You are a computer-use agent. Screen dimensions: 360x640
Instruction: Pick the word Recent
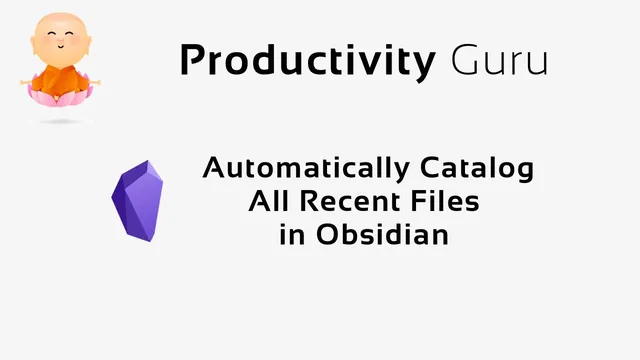coord(348,202)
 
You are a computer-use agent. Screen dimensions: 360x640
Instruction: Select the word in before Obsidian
coord(291,236)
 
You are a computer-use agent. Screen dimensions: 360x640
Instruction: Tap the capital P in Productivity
coord(191,61)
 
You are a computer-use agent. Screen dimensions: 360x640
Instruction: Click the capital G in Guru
coord(463,61)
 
